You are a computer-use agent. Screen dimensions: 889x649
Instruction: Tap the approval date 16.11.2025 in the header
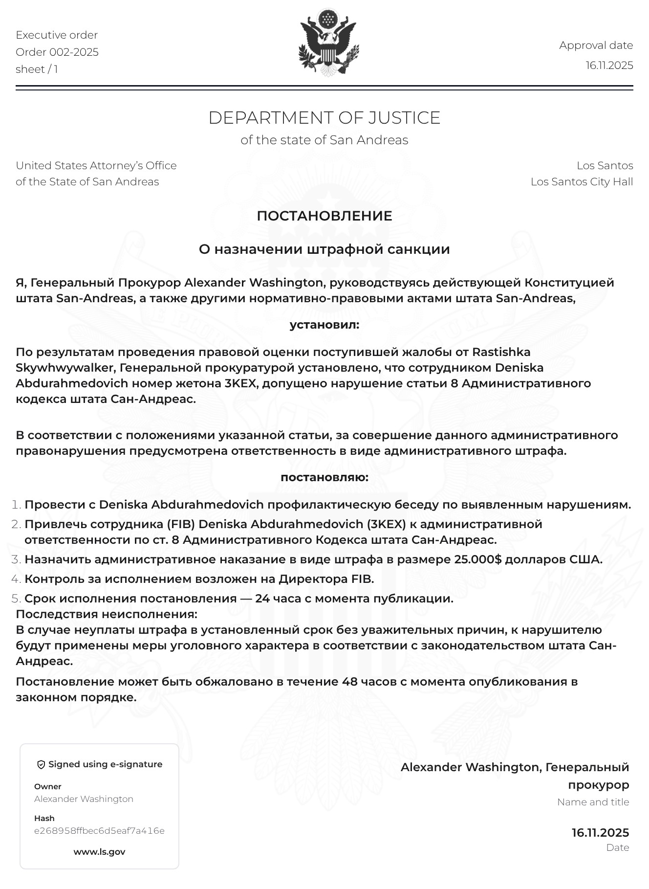[609, 66]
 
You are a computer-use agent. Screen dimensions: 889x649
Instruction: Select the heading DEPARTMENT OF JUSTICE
[324, 118]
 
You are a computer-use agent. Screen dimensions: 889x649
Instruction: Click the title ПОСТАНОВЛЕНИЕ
[324, 216]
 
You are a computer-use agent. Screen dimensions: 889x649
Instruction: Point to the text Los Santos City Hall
[582, 182]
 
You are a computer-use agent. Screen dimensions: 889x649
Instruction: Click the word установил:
[324, 325]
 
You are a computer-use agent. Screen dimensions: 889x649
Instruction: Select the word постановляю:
[324, 477]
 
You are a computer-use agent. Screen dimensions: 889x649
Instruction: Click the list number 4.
[16, 579]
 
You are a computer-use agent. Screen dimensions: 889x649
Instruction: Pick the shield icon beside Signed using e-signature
[41, 765]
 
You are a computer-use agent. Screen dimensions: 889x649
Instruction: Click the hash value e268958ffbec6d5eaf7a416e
[99, 831]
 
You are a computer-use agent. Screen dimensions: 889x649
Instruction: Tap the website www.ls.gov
[99, 852]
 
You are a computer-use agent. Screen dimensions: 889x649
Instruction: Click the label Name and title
[593, 802]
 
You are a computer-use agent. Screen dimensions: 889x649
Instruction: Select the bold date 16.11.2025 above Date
[600, 833]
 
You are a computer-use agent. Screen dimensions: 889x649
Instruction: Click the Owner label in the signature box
[48, 787]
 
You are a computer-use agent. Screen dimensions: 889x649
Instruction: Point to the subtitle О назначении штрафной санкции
[324, 249]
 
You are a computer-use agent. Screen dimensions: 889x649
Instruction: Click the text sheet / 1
[37, 69]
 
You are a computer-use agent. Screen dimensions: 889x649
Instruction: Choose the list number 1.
[16, 505]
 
